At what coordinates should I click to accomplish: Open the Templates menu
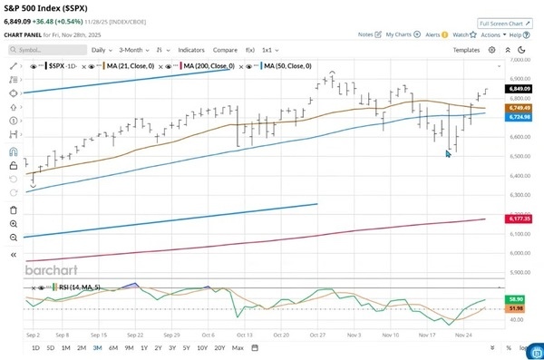click(466, 50)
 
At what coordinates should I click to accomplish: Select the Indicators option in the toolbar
click(191, 50)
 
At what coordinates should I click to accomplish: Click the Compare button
click(225, 50)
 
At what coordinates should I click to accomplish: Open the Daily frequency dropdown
click(102, 50)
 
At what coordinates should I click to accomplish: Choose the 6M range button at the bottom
click(112, 348)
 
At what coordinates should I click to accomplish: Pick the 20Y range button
click(219, 348)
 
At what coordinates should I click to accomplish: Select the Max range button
click(238, 348)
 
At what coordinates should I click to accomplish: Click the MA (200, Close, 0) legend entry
click(208, 66)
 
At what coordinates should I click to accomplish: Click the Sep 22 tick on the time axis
click(137, 334)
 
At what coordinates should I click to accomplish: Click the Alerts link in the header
click(436, 34)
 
